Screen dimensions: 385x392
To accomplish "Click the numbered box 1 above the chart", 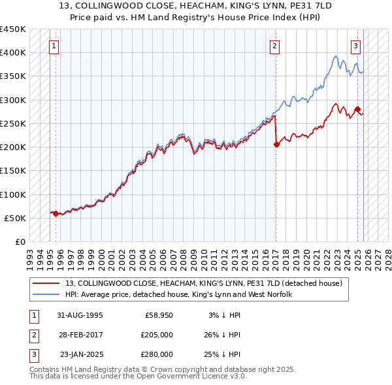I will pyautogui.click(x=54, y=46).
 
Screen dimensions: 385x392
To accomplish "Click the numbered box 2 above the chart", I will pyautogui.click(x=275, y=46).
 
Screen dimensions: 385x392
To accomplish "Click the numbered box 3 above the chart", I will pyautogui.click(x=356, y=46).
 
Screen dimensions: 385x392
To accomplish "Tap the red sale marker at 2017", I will pyautogui.click(x=276, y=144).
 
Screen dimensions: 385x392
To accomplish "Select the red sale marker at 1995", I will pyautogui.click(x=56, y=213).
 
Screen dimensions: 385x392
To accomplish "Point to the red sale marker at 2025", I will pyautogui.click(x=358, y=109).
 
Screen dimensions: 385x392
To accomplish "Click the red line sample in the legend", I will pyautogui.click(x=47, y=283).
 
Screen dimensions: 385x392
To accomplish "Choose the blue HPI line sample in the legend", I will pyautogui.click(x=47, y=295).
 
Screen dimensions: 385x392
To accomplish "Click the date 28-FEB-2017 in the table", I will pyautogui.click(x=80, y=335).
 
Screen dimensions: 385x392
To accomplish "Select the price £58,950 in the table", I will pyautogui.click(x=159, y=315).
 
